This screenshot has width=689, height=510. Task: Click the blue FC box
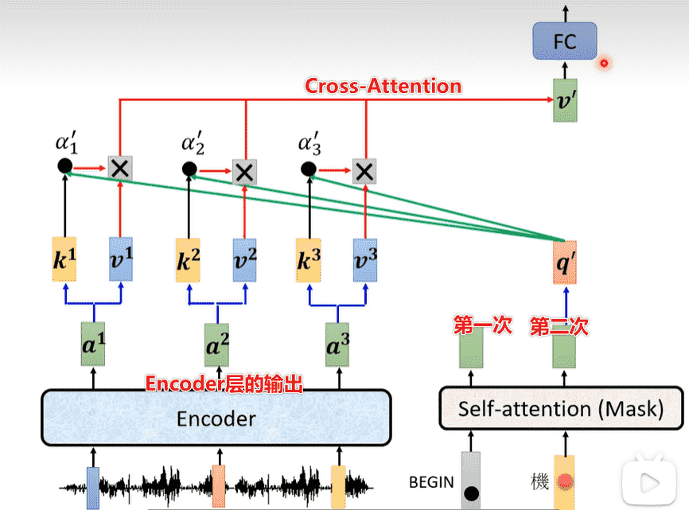564,41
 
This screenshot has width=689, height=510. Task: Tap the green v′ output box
565,100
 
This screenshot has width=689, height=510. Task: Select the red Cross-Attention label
383,85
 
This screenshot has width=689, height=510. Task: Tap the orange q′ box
565,262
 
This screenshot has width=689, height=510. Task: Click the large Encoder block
216,418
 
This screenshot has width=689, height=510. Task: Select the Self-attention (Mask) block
561,409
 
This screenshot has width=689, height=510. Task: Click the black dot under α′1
64,165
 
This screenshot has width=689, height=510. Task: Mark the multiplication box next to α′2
244,171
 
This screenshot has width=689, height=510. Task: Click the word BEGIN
431,481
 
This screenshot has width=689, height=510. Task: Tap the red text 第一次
482,325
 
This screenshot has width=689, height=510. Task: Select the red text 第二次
559,325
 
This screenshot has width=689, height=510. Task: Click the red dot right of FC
604,63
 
